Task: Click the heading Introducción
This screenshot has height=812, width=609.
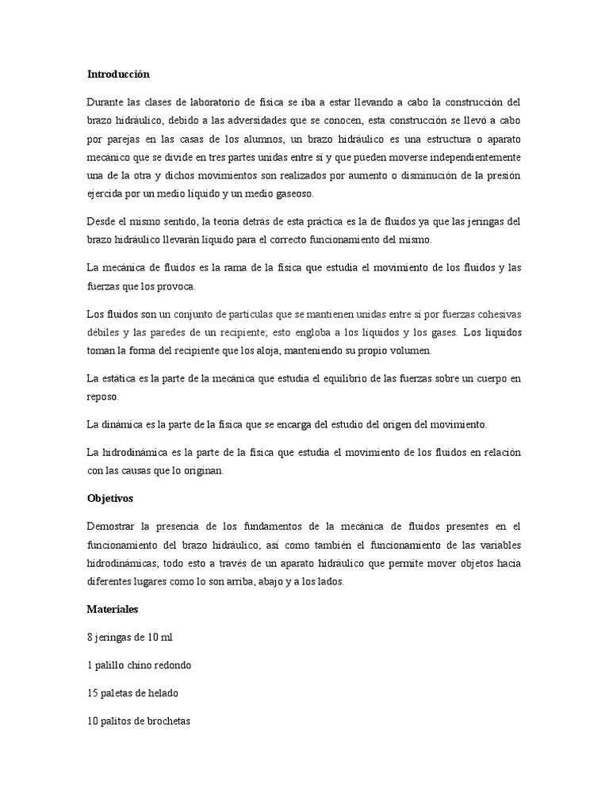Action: click(118, 75)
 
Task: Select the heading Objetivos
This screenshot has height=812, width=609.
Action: click(110, 500)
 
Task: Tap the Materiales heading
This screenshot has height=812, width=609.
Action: click(113, 610)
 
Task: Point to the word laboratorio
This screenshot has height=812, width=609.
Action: click(208, 103)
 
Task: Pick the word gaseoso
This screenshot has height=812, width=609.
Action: click(293, 193)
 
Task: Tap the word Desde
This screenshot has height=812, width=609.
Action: click(101, 222)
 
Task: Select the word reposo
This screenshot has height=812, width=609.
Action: click(103, 396)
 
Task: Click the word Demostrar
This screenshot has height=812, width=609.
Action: click(113, 527)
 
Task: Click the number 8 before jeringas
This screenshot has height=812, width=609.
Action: click(90, 637)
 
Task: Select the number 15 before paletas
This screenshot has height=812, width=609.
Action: click(92, 693)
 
